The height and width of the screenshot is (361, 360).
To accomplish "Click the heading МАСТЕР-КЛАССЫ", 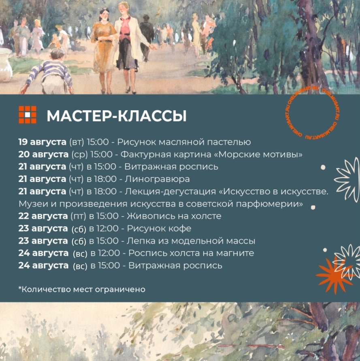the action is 117,115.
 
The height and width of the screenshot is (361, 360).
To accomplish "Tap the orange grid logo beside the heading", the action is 28,115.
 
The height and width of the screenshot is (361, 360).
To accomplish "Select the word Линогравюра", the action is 157,179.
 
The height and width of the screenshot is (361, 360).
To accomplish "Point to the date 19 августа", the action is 43,142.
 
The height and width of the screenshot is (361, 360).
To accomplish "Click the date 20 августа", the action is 43,154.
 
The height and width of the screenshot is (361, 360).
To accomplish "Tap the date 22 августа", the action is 43,216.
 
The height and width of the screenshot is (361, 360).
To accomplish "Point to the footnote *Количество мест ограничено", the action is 82,289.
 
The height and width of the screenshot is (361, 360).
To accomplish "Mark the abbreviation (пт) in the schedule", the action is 78,216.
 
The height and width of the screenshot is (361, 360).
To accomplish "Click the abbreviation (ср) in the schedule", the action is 80,155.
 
